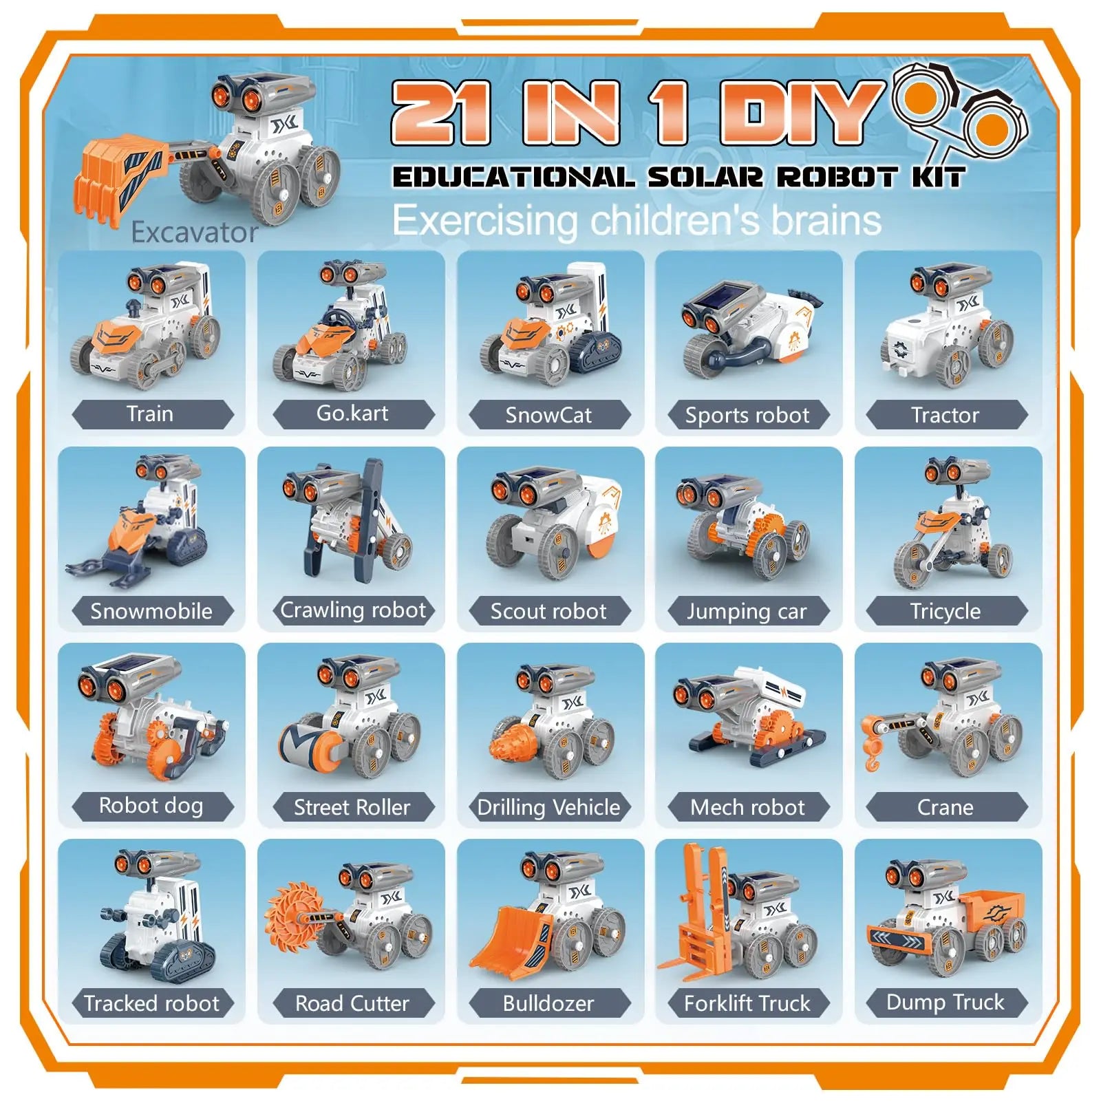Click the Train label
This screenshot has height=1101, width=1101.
[x=150, y=414]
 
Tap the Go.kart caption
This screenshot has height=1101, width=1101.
[x=352, y=413]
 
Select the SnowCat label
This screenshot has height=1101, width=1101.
[x=548, y=415]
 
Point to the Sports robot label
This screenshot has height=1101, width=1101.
[x=747, y=415]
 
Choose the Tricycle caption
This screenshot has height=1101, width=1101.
[x=945, y=611]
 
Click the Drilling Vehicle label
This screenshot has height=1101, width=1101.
[x=548, y=807]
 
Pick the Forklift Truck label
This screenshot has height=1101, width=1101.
[x=747, y=1003]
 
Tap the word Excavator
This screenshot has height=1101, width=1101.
[x=195, y=233]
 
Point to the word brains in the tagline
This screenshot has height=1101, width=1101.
[x=826, y=220]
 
